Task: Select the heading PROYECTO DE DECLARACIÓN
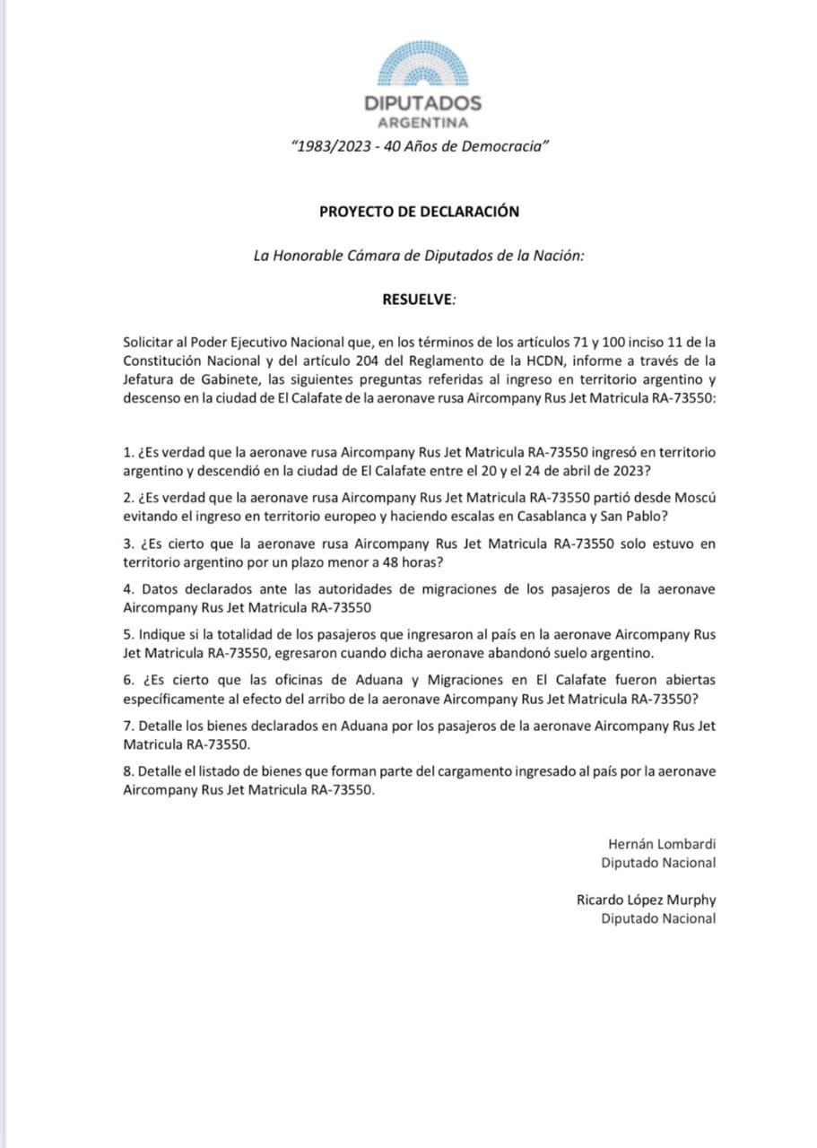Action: [x=419, y=212]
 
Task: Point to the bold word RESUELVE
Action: [x=417, y=299]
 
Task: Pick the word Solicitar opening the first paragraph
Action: [x=152, y=342]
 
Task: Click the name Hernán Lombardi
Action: [x=662, y=843]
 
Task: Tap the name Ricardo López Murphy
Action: [x=646, y=900]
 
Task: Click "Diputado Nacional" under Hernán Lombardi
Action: [x=658, y=862]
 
